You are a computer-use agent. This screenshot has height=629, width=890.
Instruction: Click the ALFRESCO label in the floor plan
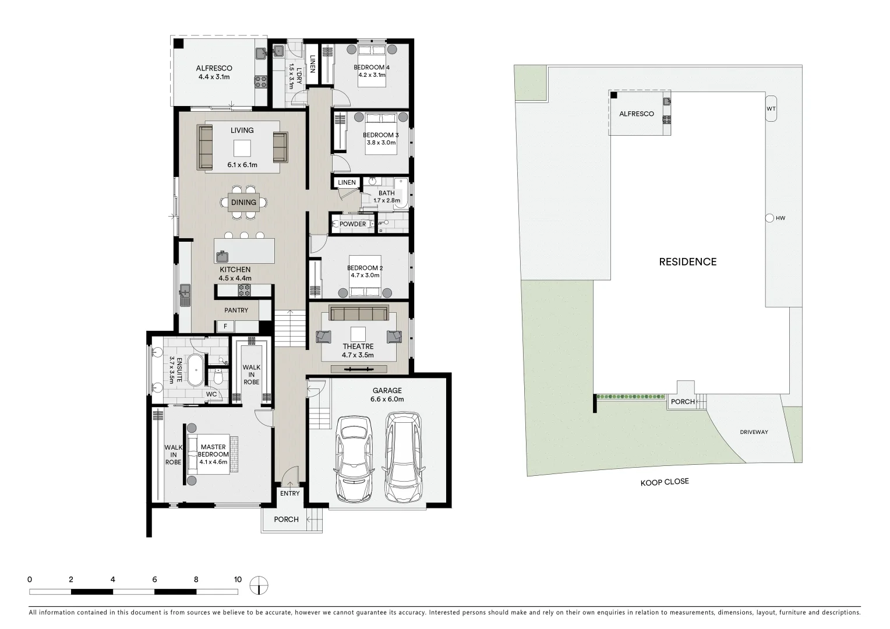[214, 68]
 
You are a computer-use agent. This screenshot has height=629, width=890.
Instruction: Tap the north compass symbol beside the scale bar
[259, 585]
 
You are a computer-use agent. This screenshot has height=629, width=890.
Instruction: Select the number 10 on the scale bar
[238, 579]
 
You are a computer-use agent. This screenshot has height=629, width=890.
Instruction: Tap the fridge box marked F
[225, 327]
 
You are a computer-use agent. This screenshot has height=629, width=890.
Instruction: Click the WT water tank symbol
[771, 109]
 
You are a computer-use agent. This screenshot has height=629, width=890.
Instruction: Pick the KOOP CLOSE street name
[664, 482]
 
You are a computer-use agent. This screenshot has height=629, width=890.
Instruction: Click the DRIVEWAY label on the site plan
[754, 432]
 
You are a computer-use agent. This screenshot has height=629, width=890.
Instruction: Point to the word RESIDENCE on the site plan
[687, 262]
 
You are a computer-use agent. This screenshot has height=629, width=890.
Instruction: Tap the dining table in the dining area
[243, 202]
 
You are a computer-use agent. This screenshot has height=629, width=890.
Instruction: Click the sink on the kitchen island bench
[223, 256]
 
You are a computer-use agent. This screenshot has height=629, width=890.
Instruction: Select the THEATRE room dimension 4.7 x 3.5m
[358, 355]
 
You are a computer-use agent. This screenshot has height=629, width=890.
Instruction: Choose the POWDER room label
[353, 224]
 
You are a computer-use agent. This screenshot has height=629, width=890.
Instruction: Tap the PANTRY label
[236, 310]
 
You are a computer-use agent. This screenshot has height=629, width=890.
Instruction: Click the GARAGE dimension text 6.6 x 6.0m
[387, 400]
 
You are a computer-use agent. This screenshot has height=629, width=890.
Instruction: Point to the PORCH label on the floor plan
[286, 520]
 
